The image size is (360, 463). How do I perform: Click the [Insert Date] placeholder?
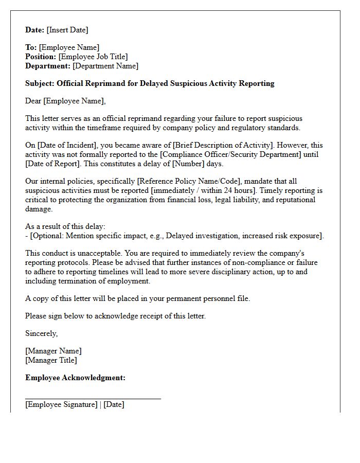[67, 30]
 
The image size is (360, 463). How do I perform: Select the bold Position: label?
[41, 57]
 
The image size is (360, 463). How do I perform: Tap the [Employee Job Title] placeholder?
[93, 57]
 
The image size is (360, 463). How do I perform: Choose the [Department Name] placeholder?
[105, 66]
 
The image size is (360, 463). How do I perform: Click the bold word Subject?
[40, 83]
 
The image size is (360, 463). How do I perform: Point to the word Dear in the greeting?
[33, 101]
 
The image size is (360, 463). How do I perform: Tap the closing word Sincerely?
[41, 333]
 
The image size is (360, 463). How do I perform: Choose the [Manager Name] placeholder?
[53, 351]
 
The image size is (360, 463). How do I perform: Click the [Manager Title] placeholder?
[51, 360]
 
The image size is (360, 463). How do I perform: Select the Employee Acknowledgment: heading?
[75, 378]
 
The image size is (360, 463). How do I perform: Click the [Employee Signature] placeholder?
[61, 404]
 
